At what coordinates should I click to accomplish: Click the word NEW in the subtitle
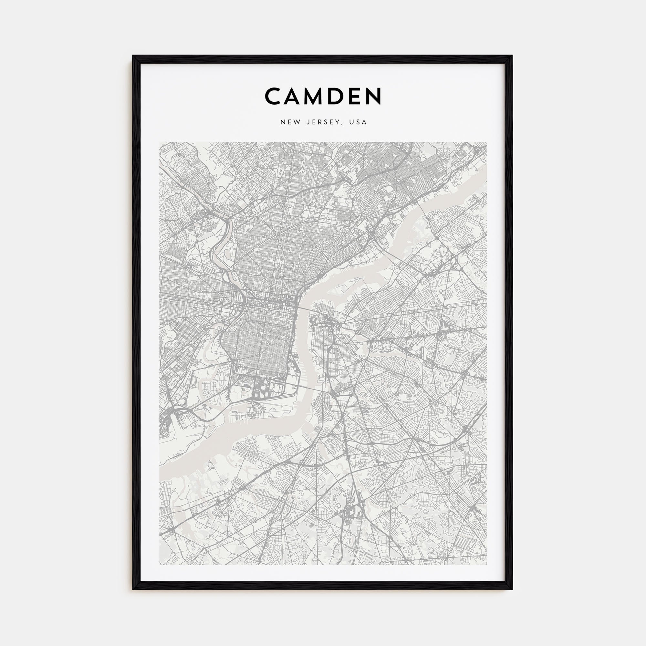289,122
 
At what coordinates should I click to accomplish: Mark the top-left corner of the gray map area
160,142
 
